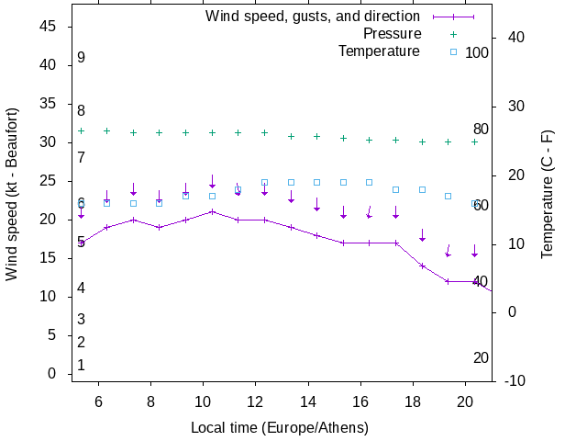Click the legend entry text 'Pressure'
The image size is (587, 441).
point(392,34)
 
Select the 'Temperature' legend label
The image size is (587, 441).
point(379,51)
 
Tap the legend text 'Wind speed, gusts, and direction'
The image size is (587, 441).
point(312,17)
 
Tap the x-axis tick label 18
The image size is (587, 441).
point(413,401)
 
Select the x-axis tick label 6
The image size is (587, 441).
point(98,401)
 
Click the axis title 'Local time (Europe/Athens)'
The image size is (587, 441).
point(280,428)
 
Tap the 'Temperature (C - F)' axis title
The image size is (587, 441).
point(548,193)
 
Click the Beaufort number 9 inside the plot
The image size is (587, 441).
point(82,58)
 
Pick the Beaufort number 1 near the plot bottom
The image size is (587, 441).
point(82,366)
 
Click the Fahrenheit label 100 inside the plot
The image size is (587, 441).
point(477,53)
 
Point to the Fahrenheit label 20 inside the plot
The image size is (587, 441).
point(481,358)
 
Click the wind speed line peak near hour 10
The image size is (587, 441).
point(212,211)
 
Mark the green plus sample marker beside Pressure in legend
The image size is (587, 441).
point(452,34)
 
